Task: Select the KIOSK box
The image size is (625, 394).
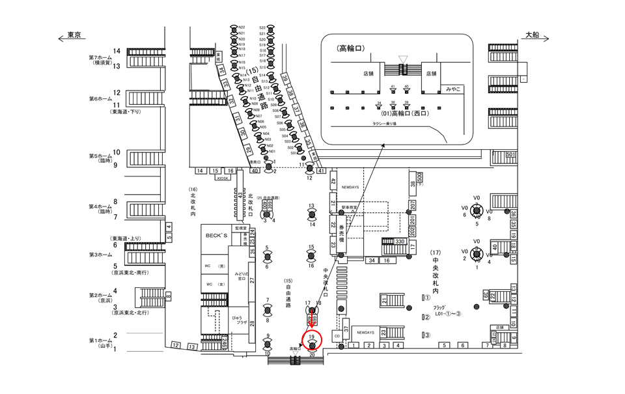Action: pyautogui.click(x=223, y=176)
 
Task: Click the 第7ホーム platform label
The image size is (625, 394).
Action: pyautogui.click(x=101, y=59)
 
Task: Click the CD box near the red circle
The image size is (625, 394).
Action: pyautogui.click(x=337, y=336)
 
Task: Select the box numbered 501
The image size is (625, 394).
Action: pyautogui.click(x=510, y=154)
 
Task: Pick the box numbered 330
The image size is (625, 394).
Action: pyautogui.click(x=400, y=242)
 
